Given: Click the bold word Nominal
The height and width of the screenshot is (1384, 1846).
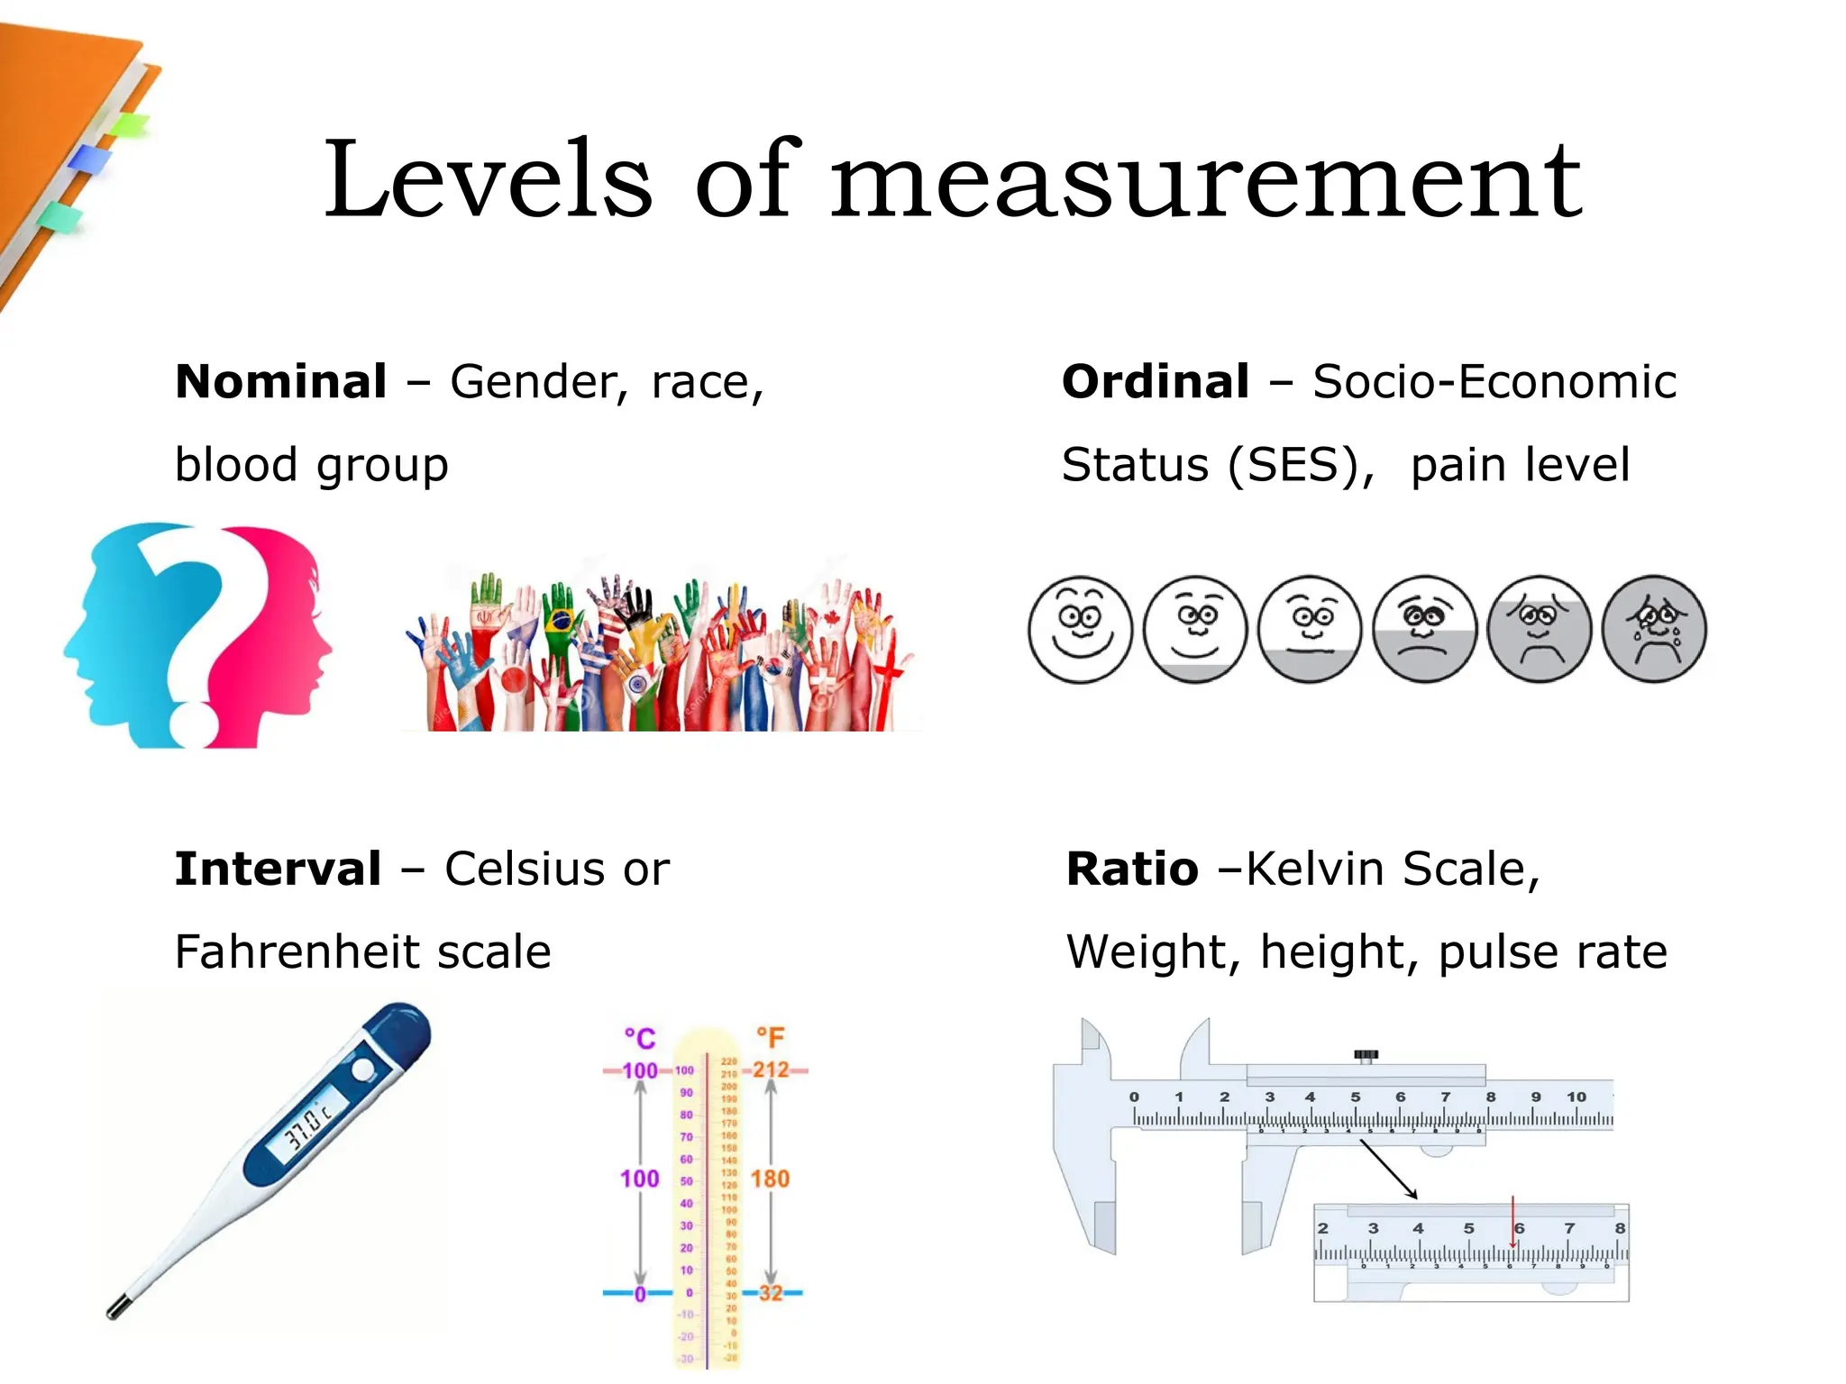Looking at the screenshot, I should pyautogui.click(x=281, y=382).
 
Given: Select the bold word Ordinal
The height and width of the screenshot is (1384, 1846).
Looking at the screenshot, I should pyautogui.click(x=1156, y=382).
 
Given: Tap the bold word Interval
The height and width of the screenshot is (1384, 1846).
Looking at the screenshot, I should pyautogui.click(x=278, y=870).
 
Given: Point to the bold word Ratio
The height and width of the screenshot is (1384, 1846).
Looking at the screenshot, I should pyautogui.click(x=1132, y=870).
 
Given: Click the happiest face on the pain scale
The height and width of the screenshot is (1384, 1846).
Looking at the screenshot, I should pyautogui.click(x=1080, y=629).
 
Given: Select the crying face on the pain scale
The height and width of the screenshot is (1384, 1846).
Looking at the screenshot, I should pyautogui.click(x=1654, y=629).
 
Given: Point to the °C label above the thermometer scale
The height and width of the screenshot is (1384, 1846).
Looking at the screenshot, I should pyautogui.click(x=640, y=1039).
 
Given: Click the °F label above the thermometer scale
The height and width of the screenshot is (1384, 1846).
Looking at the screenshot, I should pyautogui.click(x=771, y=1038).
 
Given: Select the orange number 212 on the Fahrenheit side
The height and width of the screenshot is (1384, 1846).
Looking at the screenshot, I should pyautogui.click(x=771, y=1070).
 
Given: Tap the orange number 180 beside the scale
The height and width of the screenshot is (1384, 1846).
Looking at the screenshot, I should pyautogui.click(x=770, y=1179).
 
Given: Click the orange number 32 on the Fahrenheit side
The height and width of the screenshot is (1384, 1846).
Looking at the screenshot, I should pyautogui.click(x=771, y=1293).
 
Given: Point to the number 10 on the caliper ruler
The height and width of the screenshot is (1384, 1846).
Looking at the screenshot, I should pyautogui.click(x=1576, y=1097).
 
